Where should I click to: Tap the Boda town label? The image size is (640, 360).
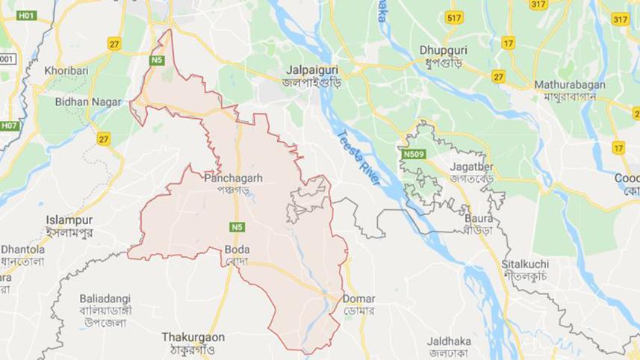(x=237, y=249)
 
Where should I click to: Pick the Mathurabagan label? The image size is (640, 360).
(x=569, y=85)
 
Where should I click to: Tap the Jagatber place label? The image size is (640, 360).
(x=472, y=166)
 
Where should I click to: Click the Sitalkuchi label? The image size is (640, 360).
(x=525, y=264)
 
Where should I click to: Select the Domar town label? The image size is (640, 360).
(x=358, y=299)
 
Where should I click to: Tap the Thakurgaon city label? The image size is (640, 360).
(x=193, y=337)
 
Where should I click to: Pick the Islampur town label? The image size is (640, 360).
(x=69, y=220)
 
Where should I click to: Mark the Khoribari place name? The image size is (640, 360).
(x=66, y=69)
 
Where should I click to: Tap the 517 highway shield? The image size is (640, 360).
(x=453, y=17)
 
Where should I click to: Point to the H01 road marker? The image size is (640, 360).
(x=26, y=15)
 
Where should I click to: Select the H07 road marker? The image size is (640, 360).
(x=9, y=125)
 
